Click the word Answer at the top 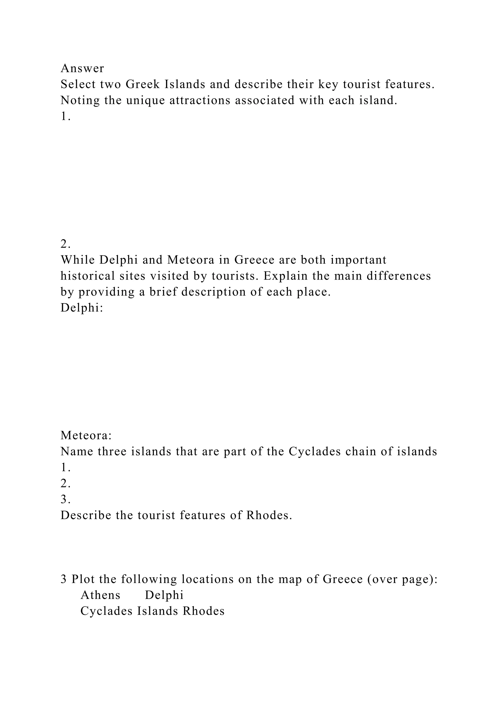pyautogui.click(x=82, y=68)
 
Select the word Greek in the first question pyautogui.click(x=143, y=84)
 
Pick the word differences pyautogui.click(x=399, y=276)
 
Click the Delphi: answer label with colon pyautogui.click(x=82, y=308)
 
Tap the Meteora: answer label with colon pyautogui.click(x=86, y=436)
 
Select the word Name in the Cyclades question pyautogui.click(x=77, y=451)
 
